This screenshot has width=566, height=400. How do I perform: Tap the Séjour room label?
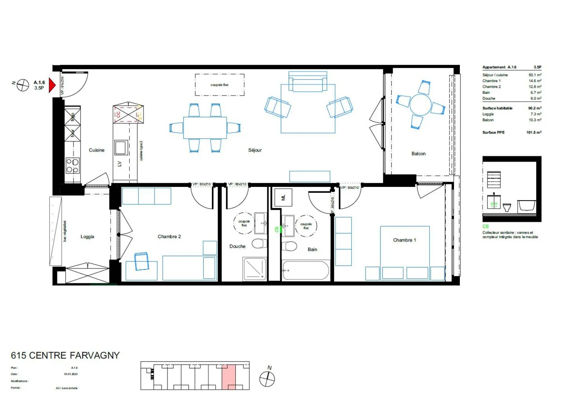coord(255,150)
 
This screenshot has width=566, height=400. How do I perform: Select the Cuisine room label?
coord(96,150)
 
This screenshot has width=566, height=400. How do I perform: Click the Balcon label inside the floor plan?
coord(418,153)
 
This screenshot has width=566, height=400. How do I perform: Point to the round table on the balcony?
coord(420,104)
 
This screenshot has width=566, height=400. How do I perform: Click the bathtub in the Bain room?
coord(305,270)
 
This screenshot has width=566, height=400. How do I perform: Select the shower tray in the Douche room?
coord(254,269)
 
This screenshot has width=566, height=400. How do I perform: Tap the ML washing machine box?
coord(283,197)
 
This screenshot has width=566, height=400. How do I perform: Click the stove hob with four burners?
coord(72,166)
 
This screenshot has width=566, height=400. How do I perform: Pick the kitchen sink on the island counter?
coord(121,148)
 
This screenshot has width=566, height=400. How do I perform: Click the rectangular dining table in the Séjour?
coord(205,128)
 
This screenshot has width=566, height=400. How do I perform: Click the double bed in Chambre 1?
coord(404,251)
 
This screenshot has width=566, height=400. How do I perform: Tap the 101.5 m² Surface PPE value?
coord(534,132)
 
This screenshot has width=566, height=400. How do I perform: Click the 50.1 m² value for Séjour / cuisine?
coord(535,75)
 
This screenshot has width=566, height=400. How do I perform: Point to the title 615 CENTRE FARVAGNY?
coord(65,355)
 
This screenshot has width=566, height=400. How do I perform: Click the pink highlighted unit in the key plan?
coord(229,376)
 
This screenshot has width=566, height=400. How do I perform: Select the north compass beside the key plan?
coord(267,379)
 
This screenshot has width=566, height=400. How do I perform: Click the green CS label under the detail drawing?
coord(485,226)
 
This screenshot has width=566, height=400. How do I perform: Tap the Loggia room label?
coord(87,236)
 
